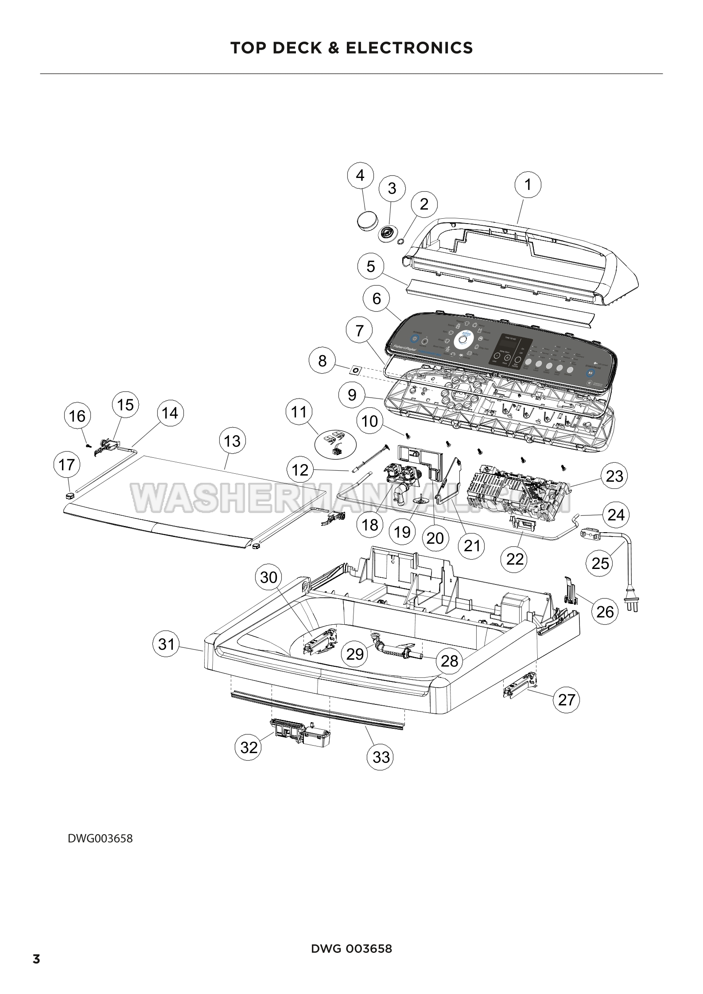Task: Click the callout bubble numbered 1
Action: click(x=527, y=185)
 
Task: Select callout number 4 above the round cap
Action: click(x=360, y=176)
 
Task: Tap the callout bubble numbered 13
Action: click(x=232, y=441)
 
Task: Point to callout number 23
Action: click(x=614, y=476)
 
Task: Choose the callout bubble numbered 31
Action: click(x=167, y=644)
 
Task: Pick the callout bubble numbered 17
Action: click(x=66, y=465)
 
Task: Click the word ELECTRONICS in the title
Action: click(x=409, y=47)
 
